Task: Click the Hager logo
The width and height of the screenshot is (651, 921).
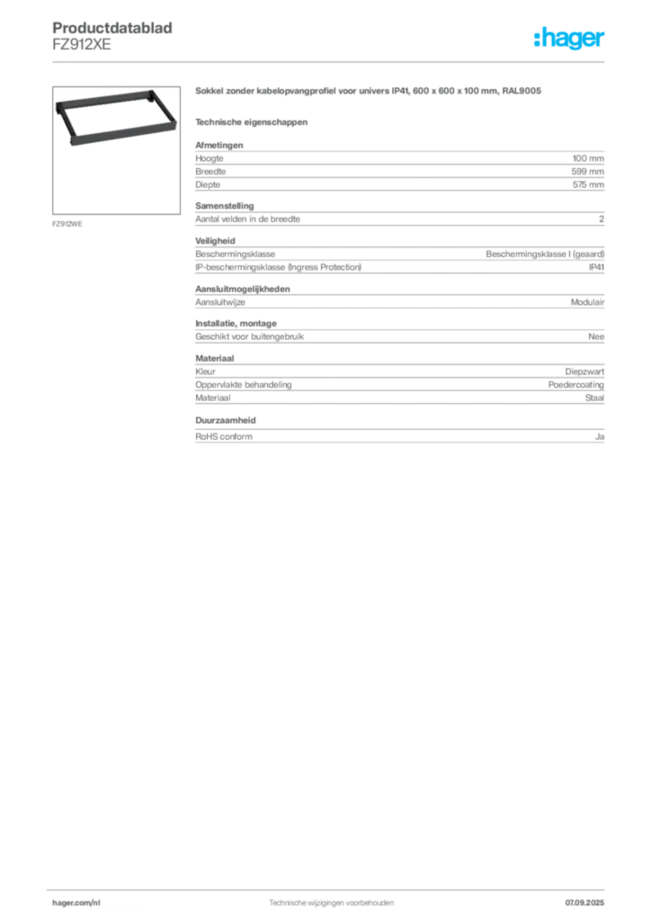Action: (569, 38)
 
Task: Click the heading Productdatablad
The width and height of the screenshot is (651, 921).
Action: (112, 28)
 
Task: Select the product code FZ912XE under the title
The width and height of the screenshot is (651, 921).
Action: (82, 45)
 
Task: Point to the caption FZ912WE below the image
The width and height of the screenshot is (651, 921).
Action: (67, 224)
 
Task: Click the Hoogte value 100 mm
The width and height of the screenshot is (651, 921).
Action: (588, 158)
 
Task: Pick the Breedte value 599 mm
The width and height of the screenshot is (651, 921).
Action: (587, 172)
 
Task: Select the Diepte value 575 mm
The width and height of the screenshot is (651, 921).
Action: (588, 184)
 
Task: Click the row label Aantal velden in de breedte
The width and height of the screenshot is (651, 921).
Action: (247, 219)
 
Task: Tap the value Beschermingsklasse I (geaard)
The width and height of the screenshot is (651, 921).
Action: (545, 255)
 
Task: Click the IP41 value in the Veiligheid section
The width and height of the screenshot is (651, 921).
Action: (596, 267)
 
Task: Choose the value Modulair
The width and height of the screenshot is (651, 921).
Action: (587, 302)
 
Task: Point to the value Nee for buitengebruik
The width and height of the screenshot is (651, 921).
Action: (596, 336)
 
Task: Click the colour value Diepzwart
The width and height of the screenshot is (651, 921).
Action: (584, 371)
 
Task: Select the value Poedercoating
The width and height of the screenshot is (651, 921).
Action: (575, 385)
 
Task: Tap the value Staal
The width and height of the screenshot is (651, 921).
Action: (594, 398)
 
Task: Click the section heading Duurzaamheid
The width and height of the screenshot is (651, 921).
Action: (226, 421)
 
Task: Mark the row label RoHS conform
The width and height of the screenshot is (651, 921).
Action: (224, 436)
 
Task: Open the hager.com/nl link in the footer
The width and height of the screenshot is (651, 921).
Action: (76, 903)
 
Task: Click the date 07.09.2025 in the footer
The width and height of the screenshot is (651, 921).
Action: (584, 903)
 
